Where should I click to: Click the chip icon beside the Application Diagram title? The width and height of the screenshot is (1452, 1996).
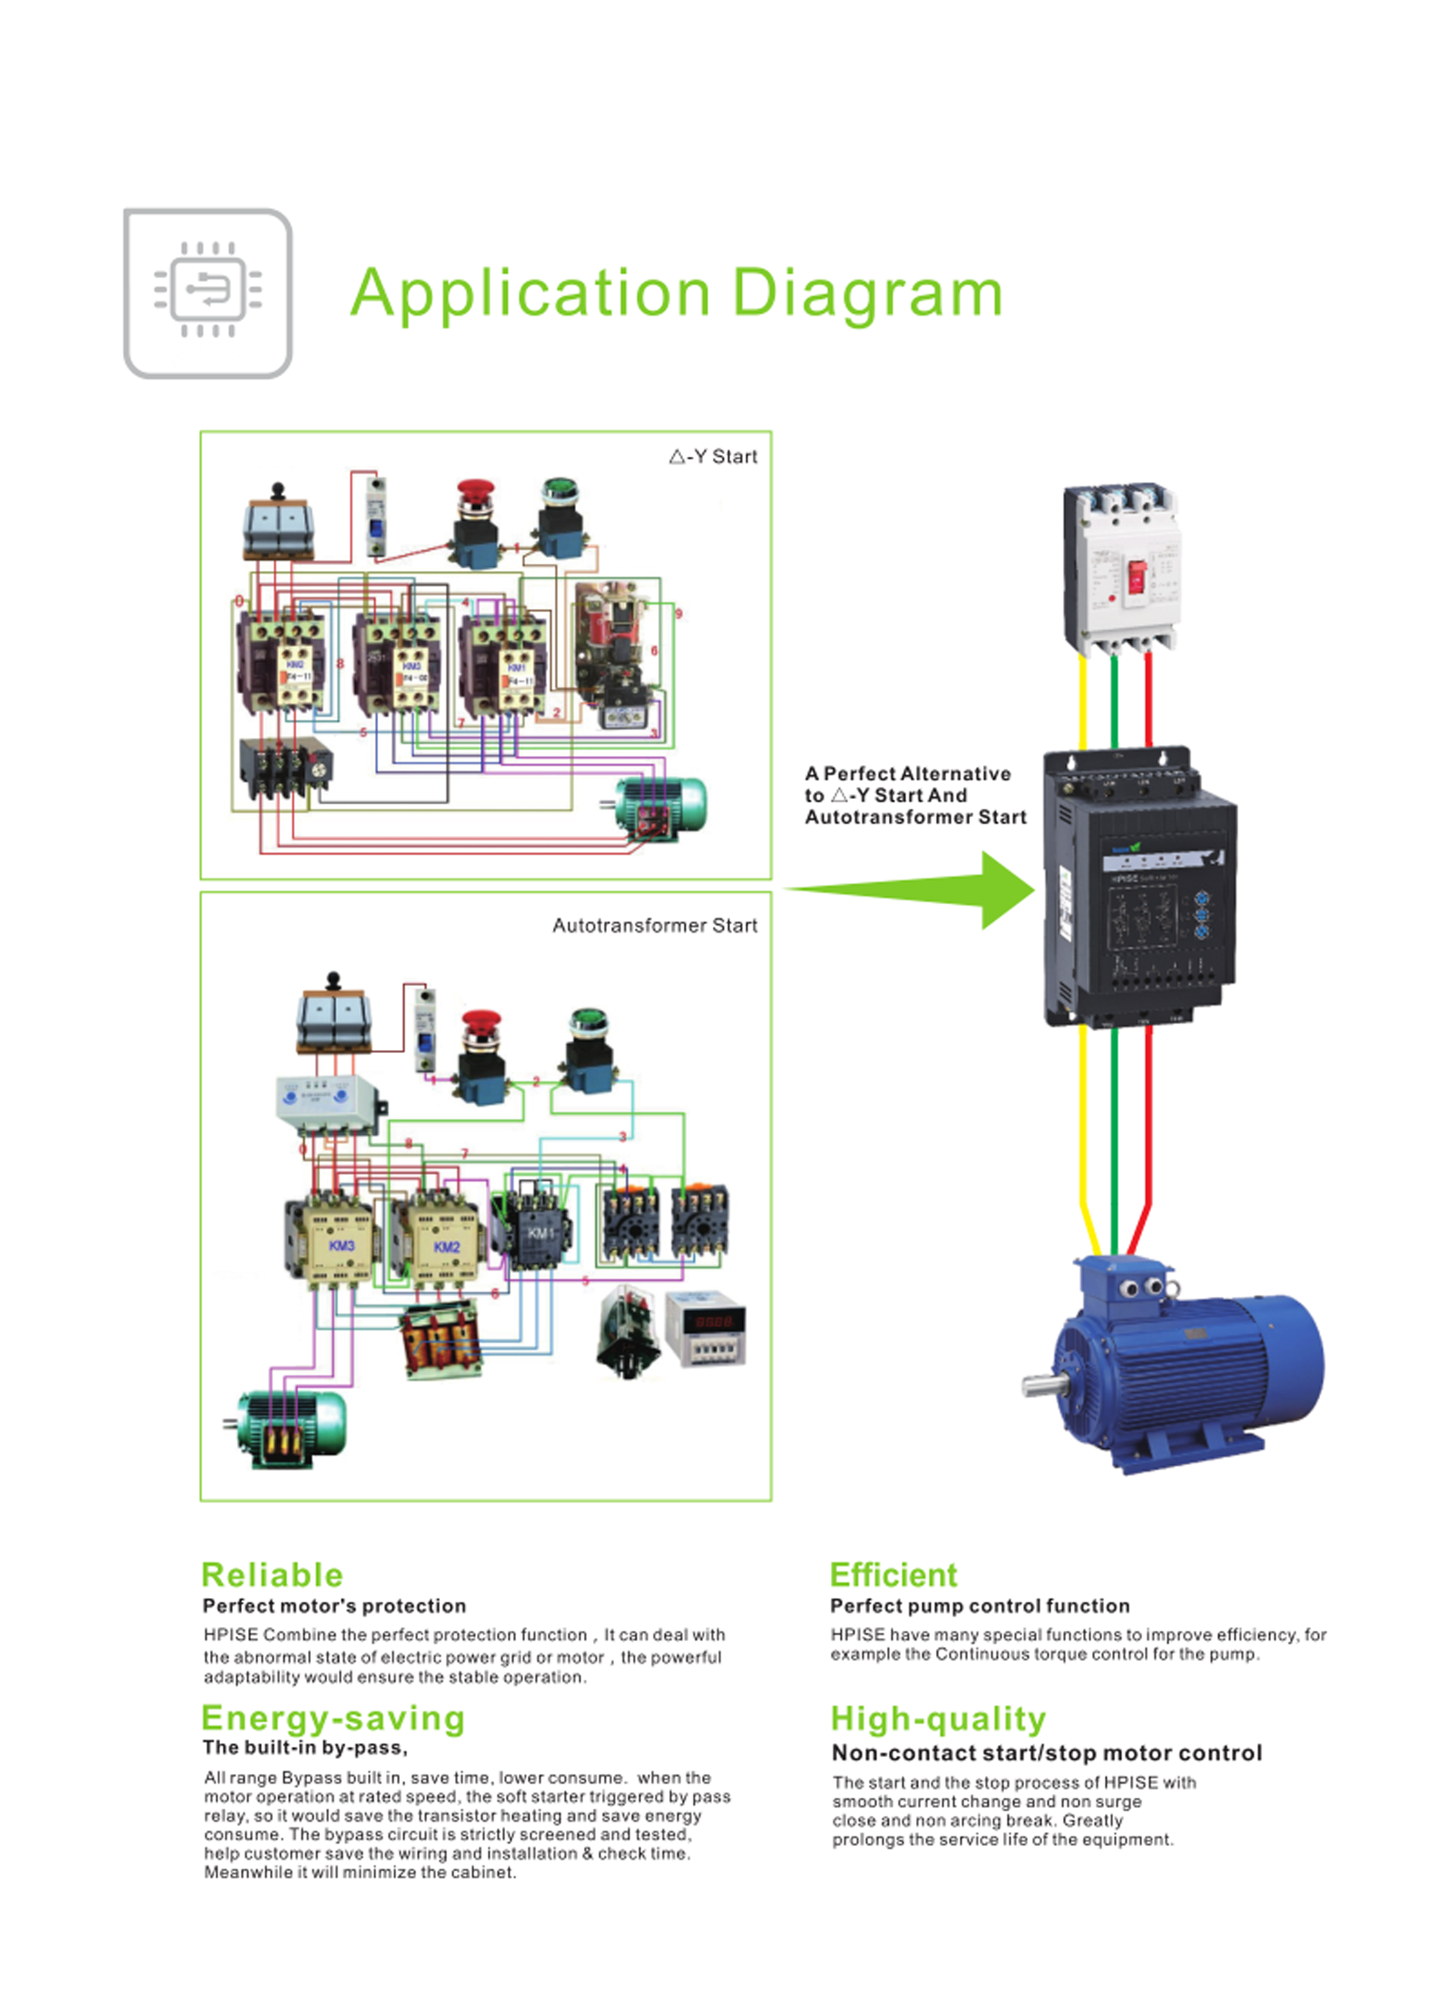[208, 293]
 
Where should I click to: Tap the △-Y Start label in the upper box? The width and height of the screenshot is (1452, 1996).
[713, 457]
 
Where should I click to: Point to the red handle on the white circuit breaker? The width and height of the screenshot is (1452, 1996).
[1137, 577]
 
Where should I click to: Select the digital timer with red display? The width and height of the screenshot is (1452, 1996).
[706, 1329]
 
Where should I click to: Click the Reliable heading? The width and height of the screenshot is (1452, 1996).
[272, 1575]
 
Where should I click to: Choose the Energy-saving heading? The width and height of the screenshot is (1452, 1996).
[333, 1718]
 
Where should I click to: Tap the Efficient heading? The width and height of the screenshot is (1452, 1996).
[893, 1575]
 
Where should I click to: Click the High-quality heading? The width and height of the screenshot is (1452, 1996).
[939, 1719]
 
